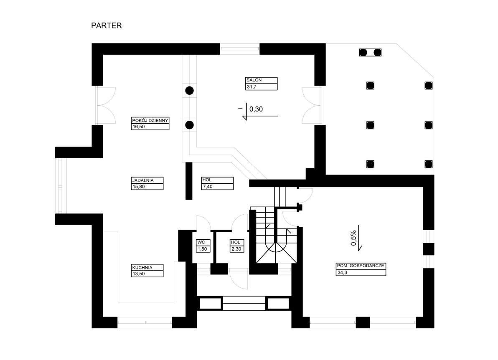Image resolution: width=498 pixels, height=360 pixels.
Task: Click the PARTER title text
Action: tap(107, 25)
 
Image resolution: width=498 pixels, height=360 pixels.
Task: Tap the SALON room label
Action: tap(254, 80)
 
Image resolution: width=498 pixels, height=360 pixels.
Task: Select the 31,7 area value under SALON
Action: tap(251, 86)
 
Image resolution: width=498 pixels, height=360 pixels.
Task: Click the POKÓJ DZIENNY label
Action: tap(150, 120)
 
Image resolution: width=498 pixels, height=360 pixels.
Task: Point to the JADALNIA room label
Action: tap(143, 180)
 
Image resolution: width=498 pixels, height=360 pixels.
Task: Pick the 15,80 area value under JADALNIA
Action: tap(138, 187)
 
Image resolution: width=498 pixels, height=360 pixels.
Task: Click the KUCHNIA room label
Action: tap(142, 268)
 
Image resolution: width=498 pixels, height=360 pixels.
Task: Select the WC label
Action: tap(201, 242)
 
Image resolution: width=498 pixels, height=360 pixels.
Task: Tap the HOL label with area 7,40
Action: tap(207, 180)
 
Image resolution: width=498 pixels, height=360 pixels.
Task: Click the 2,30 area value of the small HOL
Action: tap(236, 249)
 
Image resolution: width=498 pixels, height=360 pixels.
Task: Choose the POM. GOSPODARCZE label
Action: tap(361, 265)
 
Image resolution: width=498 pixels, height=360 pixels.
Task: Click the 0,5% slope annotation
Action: tap(353, 238)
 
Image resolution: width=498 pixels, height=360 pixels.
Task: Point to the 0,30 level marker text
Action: tap(256, 109)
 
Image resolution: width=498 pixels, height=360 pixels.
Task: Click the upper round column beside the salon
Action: tap(189, 91)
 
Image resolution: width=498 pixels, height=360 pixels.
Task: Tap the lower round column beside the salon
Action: tap(189, 125)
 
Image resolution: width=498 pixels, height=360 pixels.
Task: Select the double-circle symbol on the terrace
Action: tap(370, 52)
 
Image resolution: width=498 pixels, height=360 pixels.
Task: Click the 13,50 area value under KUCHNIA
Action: tap(138, 274)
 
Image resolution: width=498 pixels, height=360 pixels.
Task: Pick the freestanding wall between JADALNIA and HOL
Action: tap(189, 181)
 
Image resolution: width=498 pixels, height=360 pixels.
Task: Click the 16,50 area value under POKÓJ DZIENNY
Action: tap(138, 127)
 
